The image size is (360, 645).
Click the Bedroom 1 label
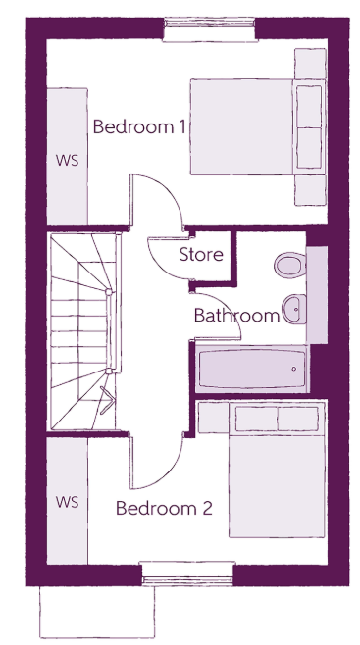tap(139, 126)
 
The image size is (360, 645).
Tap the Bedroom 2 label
tap(164, 508)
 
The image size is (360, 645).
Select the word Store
tap(201, 255)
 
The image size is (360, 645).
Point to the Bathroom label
tap(236, 316)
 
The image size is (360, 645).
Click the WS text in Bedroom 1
tap(67, 161)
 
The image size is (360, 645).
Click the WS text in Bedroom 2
tap(67, 502)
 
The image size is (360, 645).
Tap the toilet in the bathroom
tap(290, 266)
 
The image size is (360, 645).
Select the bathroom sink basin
tap(293, 309)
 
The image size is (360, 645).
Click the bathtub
tap(252, 369)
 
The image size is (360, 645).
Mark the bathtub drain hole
tap(293, 369)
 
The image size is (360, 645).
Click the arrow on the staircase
tap(107, 400)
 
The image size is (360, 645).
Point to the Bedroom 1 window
tap(209, 29)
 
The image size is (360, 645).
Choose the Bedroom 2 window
tap(187, 573)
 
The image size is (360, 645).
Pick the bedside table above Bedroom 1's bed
tap(310, 64)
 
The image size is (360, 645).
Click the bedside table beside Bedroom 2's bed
tap(213, 418)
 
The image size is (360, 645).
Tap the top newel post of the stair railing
tap(109, 292)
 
